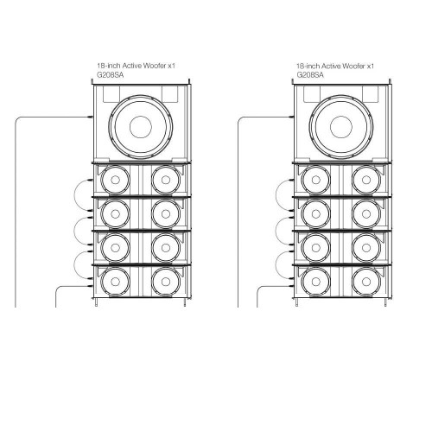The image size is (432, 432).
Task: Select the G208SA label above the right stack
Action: pos(309,74)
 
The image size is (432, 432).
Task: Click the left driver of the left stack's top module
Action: pos(114,181)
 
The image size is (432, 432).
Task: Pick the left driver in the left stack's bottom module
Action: pos(114,283)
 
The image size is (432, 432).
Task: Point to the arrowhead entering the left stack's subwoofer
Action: pos(89,117)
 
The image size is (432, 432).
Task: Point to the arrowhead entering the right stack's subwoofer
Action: pos(290,117)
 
